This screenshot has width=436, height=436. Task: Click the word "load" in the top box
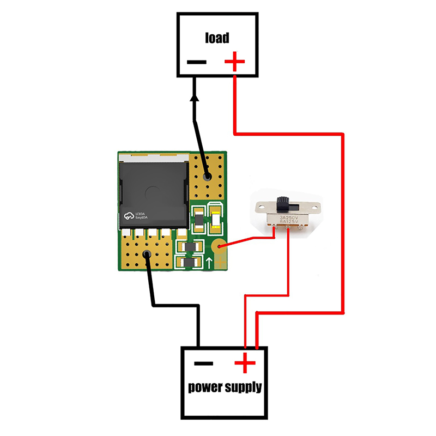[x=217, y=38]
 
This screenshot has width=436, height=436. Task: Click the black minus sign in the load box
[x=196, y=62]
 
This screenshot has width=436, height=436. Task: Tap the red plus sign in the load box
[x=235, y=62]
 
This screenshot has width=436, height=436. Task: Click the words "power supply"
[x=225, y=388]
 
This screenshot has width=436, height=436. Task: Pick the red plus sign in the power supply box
[x=245, y=362]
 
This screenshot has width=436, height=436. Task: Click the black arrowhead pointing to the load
[x=195, y=98]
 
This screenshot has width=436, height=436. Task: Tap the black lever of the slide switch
[x=283, y=203]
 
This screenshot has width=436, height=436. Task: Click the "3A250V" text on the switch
[x=289, y=217]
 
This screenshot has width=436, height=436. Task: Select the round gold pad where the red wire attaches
[x=219, y=248]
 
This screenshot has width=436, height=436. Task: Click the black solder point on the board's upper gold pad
[x=207, y=177]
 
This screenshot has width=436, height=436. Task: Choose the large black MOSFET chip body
[x=153, y=191]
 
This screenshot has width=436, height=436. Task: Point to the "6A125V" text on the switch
[x=289, y=223]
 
